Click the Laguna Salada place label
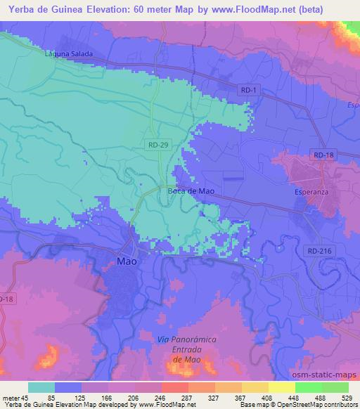[68, 53]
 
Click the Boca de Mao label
[191, 190]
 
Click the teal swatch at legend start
[41, 387]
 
